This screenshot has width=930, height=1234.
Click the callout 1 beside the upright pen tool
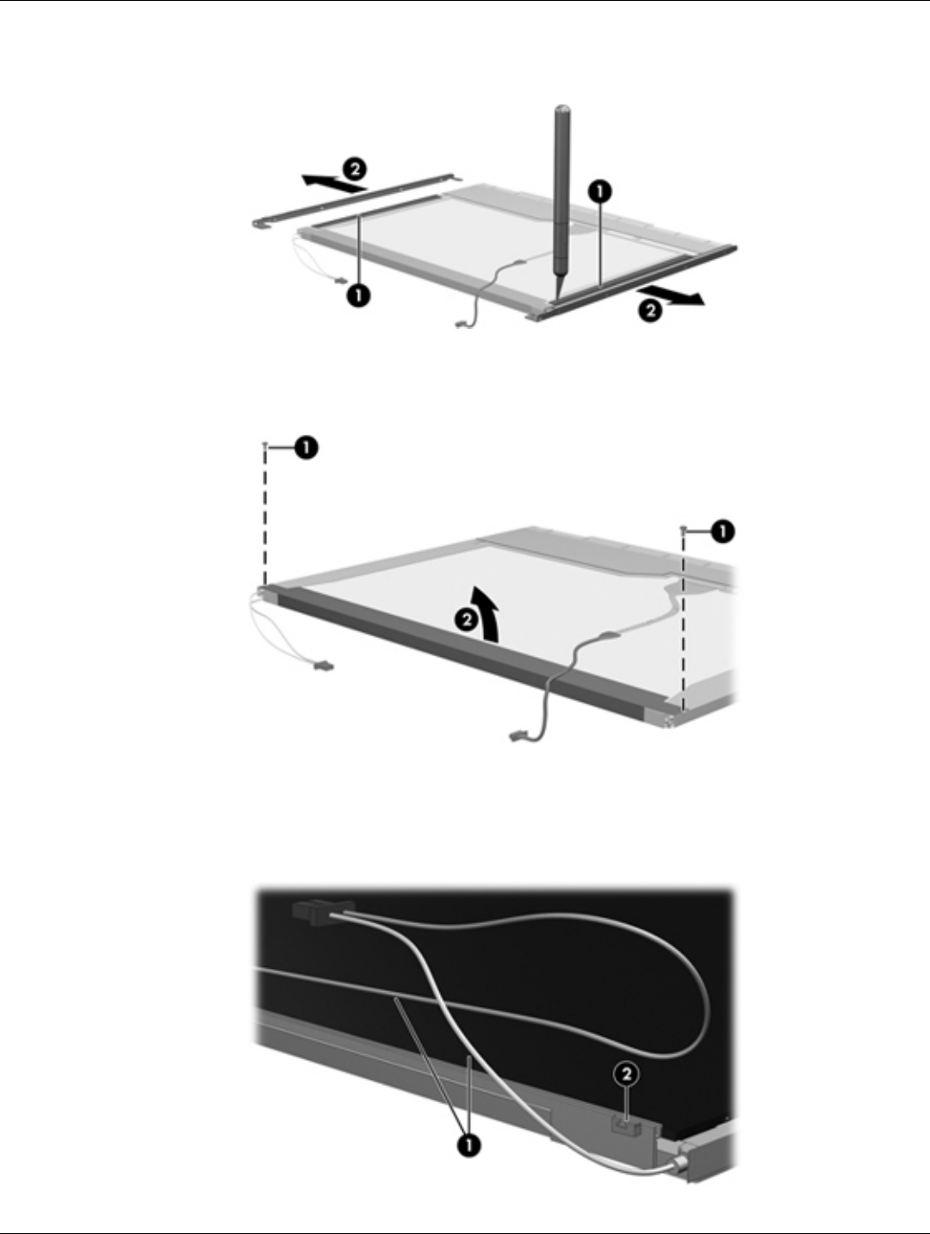600,192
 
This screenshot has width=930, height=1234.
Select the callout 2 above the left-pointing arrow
355,169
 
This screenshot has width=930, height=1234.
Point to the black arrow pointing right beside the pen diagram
671,295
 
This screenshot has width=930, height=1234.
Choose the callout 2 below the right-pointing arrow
651,310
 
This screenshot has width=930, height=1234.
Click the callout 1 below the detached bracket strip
358,295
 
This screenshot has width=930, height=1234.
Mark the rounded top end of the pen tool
562,108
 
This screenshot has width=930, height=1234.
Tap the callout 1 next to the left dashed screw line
306,448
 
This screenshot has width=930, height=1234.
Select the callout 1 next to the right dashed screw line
722,530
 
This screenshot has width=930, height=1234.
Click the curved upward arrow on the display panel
487,612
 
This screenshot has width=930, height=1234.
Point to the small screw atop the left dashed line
264,444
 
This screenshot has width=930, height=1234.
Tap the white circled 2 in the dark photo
627,1074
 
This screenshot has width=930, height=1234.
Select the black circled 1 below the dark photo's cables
468,1144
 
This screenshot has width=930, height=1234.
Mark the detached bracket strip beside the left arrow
356,200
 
